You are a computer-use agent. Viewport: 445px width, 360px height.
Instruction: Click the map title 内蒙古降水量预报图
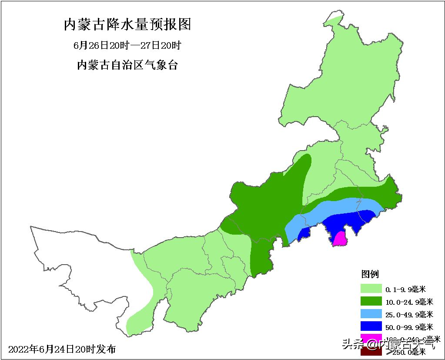(127, 24)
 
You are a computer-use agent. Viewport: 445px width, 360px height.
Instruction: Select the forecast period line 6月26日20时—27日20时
(127, 45)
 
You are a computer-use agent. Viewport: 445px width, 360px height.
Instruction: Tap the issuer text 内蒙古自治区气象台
(127, 65)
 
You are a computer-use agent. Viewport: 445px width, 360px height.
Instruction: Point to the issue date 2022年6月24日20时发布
(62, 349)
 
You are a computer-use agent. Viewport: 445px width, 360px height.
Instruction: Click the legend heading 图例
(370, 274)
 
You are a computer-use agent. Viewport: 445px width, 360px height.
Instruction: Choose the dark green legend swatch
(371, 302)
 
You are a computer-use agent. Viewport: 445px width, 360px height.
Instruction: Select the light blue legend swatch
(371, 314)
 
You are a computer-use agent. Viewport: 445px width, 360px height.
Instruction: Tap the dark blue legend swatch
(371, 326)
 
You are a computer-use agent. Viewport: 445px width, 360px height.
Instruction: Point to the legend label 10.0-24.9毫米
(409, 302)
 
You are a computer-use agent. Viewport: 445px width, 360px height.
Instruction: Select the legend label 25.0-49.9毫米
(409, 314)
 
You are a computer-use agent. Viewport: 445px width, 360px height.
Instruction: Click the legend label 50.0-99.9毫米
(409, 327)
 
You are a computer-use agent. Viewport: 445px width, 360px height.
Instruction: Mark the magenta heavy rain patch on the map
(339, 239)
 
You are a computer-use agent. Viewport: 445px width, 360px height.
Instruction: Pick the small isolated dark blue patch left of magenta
(304, 234)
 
